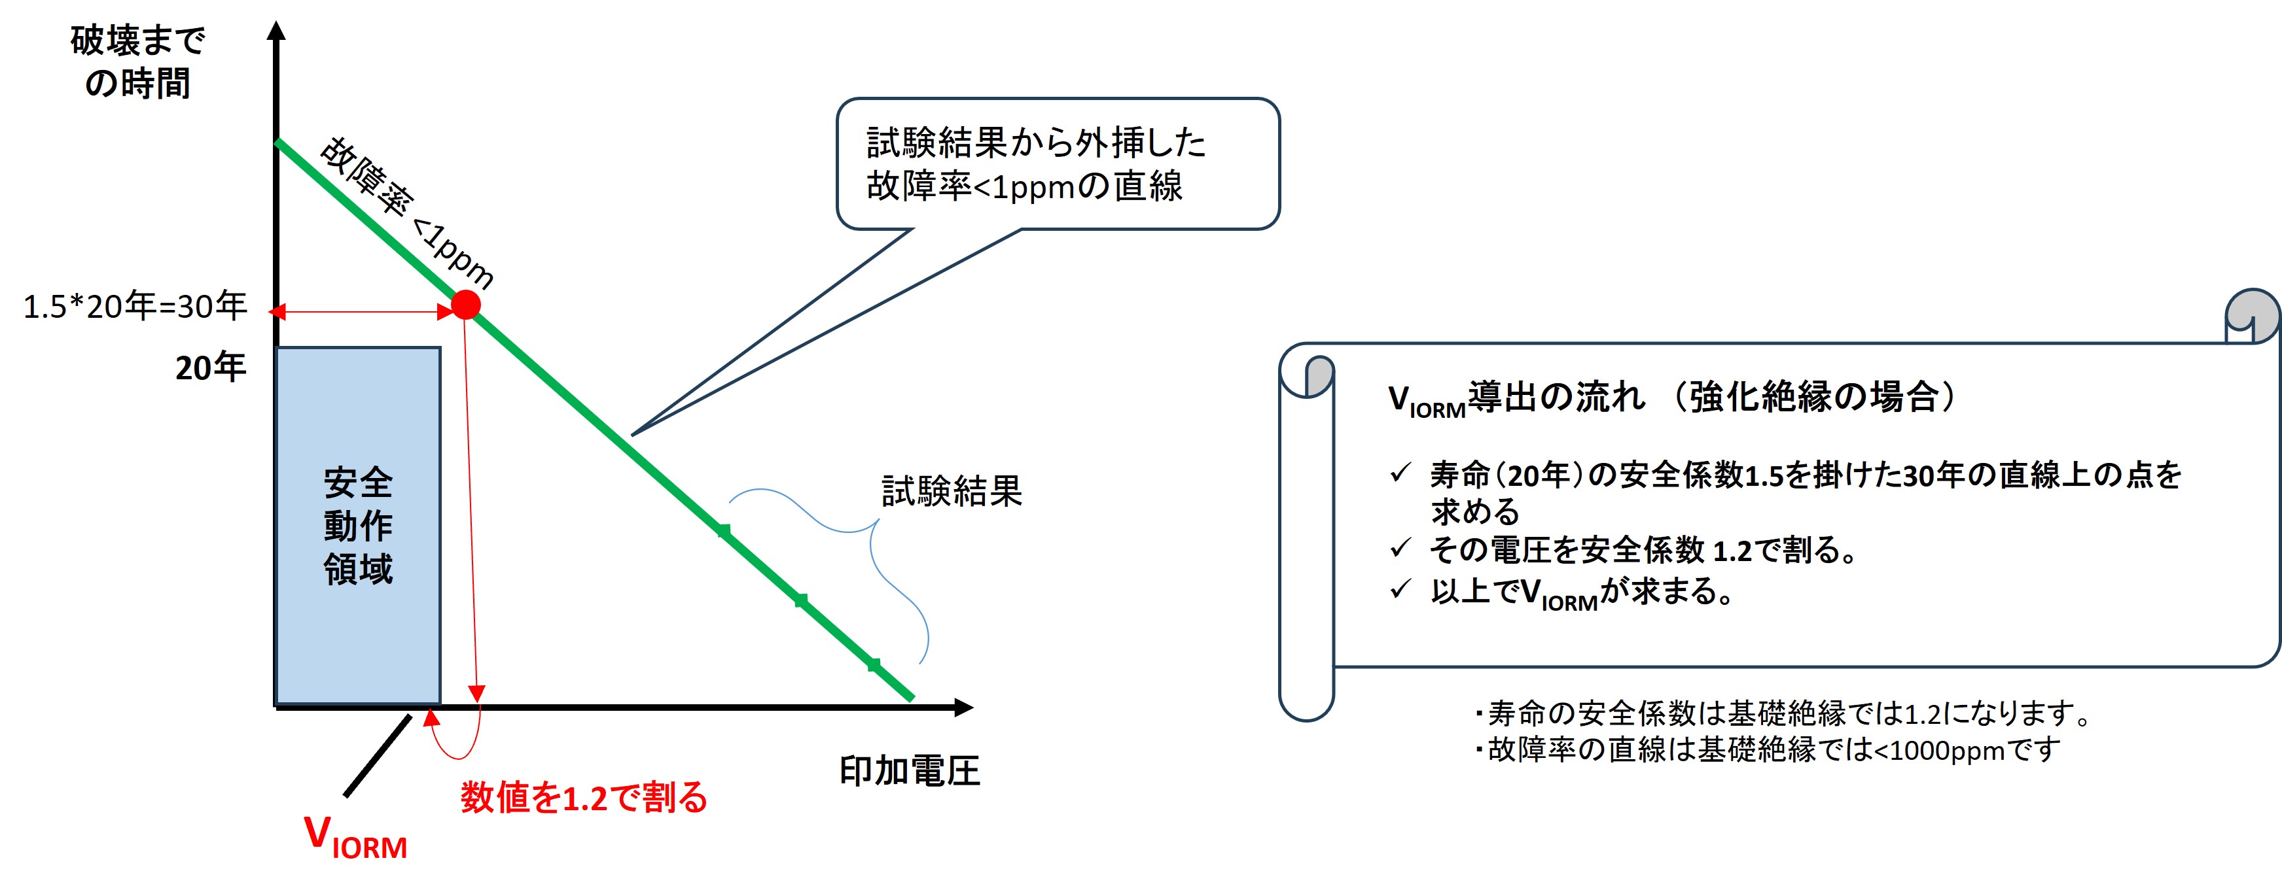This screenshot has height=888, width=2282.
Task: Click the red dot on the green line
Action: (466, 305)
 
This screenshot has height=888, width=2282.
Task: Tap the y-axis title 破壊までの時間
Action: (137, 62)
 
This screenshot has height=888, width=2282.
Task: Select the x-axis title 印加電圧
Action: (910, 771)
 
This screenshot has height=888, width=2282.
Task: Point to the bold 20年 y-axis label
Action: (210, 367)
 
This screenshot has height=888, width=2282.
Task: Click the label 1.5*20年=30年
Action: (135, 306)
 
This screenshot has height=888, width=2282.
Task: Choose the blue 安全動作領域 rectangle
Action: (358, 526)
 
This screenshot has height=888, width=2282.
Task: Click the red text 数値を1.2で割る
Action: (584, 798)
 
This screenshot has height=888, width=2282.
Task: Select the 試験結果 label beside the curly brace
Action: (952, 491)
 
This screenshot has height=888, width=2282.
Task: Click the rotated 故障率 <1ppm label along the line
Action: (406, 213)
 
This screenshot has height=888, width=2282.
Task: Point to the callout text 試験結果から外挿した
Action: (1037, 143)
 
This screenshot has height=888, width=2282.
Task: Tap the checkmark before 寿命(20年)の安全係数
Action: (1400, 473)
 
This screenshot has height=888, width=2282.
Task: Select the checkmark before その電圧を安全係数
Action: (1400, 548)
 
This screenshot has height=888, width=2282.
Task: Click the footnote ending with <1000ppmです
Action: (1768, 750)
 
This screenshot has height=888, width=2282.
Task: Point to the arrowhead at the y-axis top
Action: (276, 31)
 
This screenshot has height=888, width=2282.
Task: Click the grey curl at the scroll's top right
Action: (2252, 315)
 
